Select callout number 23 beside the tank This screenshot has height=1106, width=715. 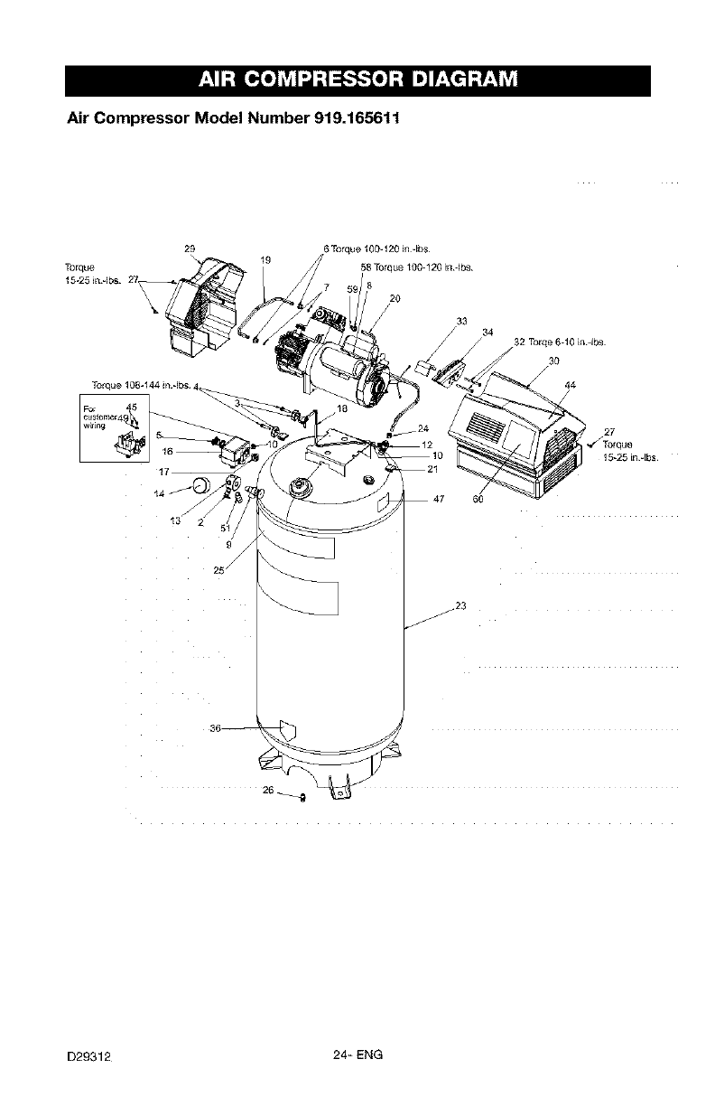(x=460, y=606)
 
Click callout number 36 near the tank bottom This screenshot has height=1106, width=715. (x=215, y=728)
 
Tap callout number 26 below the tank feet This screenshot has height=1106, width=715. (x=267, y=790)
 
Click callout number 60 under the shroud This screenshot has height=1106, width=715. (x=478, y=501)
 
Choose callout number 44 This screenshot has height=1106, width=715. (x=570, y=386)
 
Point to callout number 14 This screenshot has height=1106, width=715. (x=160, y=493)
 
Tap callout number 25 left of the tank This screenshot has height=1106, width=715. (x=218, y=570)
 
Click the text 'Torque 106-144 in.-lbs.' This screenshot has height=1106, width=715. (x=143, y=382)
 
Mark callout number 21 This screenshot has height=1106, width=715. (x=432, y=468)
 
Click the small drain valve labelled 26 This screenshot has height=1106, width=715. (x=302, y=797)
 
